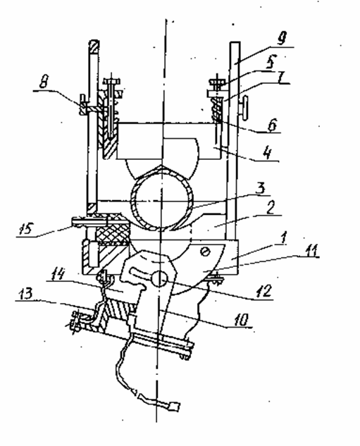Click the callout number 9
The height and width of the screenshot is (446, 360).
[282, 37]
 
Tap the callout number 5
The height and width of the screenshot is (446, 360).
[272, 61]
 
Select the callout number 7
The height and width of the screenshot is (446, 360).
[282, 77]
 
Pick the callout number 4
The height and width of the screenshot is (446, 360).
[267, 153]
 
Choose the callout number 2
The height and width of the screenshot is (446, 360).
[271, 207]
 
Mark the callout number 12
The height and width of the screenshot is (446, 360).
[264, 291]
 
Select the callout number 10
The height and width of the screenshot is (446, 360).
[241, 320]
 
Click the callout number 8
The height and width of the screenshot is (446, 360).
[44, 83]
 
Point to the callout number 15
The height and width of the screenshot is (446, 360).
[27, 228]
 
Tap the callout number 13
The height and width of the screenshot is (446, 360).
[25, 293]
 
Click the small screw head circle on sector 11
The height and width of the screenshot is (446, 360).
[205, 252]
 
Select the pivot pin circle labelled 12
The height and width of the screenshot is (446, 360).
[159, 279]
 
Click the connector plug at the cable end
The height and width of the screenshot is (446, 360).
[174, 407]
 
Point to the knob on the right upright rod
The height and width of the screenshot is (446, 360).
[244, 109]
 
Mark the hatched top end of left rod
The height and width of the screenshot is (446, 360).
[94, 47]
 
